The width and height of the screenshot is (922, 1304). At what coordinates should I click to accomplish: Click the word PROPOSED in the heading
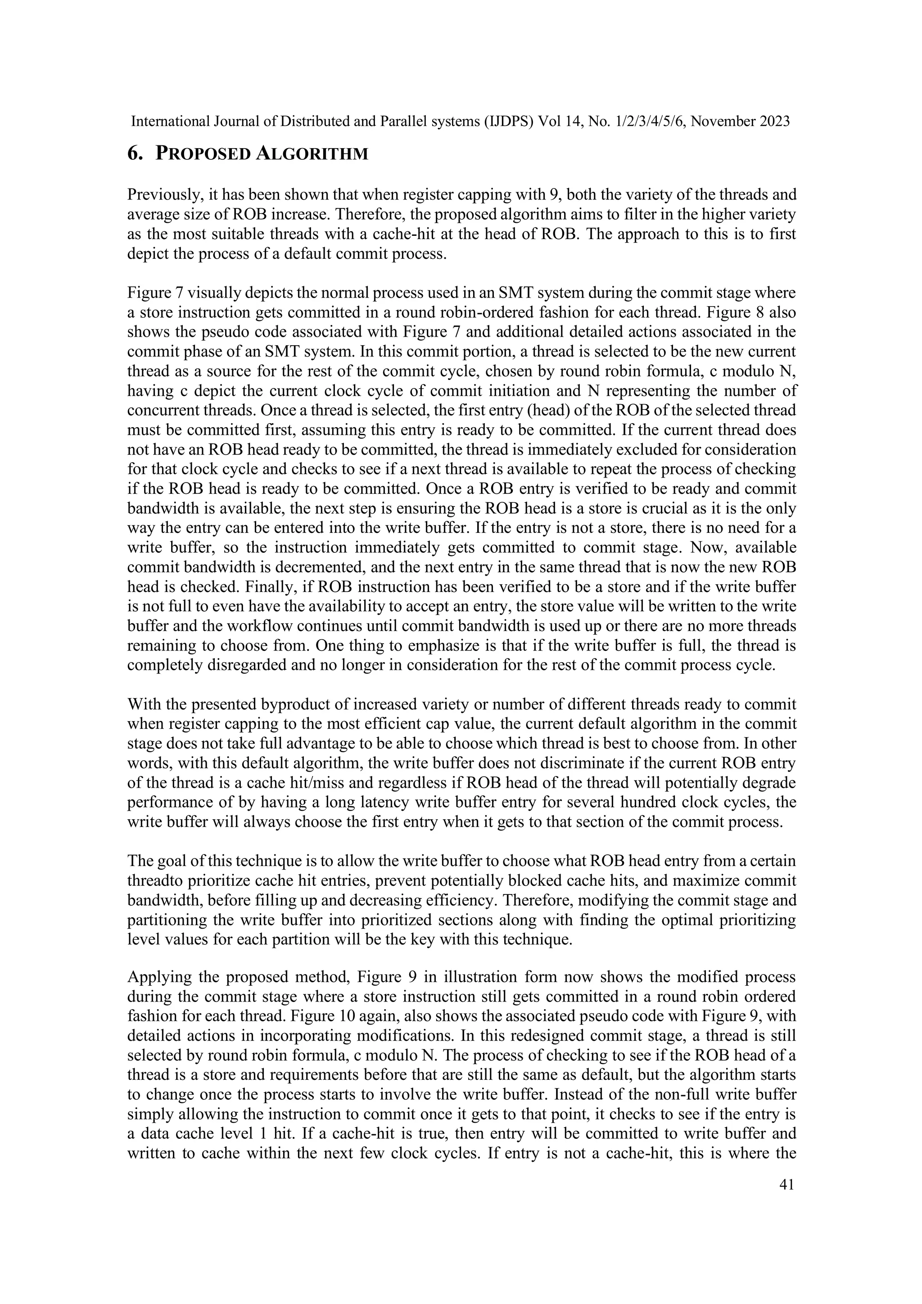[203, 154]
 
